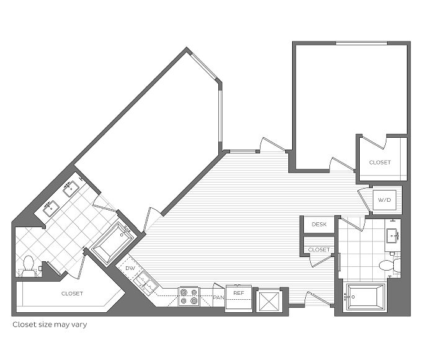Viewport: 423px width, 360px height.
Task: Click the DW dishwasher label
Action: pos(130,268)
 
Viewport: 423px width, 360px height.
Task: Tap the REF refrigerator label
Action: pos(239,293)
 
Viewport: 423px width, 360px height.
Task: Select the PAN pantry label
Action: pos(218,297)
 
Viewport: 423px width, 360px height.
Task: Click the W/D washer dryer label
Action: pos(385,200)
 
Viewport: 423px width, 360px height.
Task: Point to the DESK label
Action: pos(319,224)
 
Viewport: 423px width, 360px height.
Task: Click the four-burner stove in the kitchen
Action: pos(189,297)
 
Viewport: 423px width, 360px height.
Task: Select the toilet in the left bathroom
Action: pos(29,266)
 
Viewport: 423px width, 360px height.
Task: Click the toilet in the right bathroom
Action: pos(390,265)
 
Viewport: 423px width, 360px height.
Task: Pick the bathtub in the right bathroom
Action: pos(365,297)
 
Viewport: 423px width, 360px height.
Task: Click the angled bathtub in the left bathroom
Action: pos(114,242)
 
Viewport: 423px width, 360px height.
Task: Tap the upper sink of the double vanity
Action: pos(71,188)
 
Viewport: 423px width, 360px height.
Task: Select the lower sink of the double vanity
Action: pos(51,208)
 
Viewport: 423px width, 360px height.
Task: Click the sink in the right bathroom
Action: pos(393,235)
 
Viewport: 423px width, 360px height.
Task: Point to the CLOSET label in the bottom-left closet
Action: pos(72,294)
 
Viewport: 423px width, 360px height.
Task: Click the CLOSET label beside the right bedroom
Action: pos(380,163)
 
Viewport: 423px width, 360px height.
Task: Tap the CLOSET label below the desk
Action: pos(319,250)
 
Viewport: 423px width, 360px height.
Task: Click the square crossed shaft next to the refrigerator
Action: pos(269,302)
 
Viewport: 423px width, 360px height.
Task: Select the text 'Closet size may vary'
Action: pos(50,325)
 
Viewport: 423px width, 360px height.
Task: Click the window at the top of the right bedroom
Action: pos(362,43)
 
